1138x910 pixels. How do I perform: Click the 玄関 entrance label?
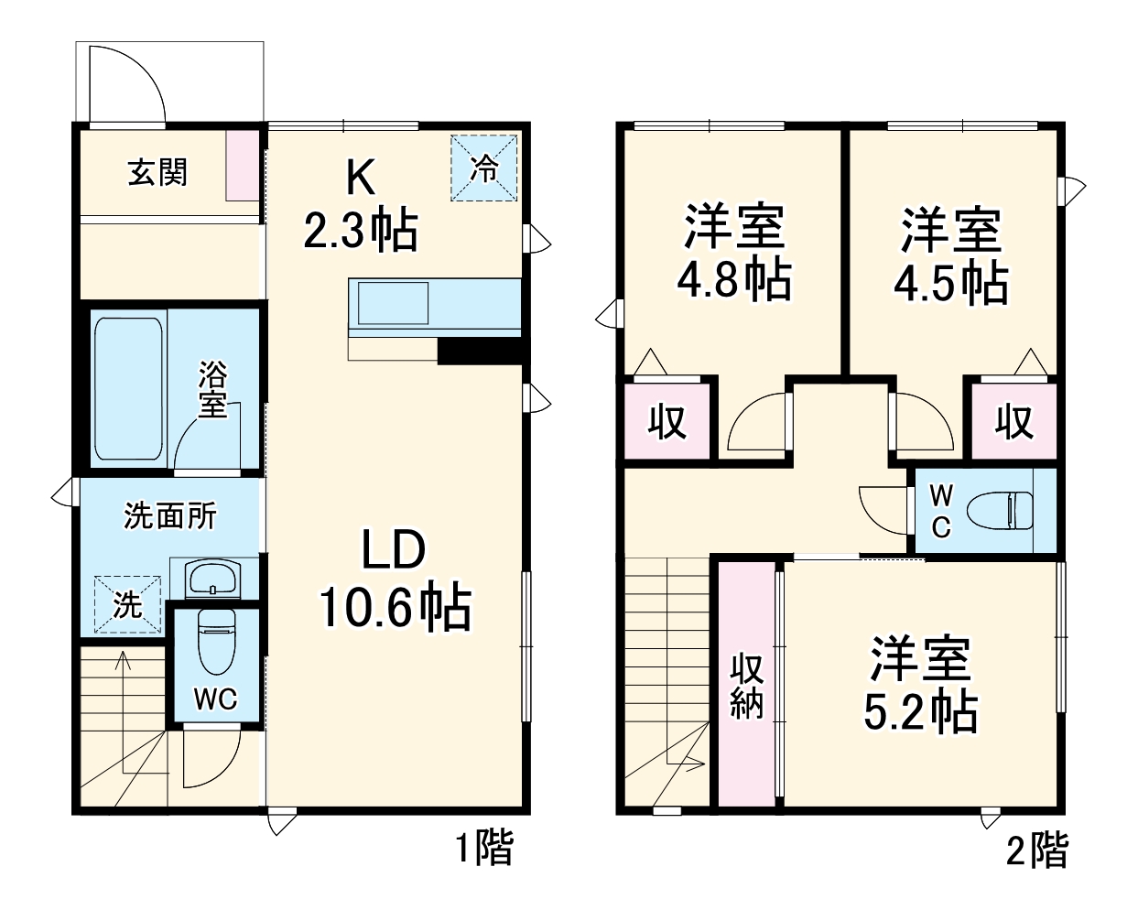pyautogui.click(x=157, y=172)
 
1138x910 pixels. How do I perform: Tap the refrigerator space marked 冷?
pyautogui.click(x=484, y=168)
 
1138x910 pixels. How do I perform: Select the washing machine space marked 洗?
pyautogui.click(x=127, y=604)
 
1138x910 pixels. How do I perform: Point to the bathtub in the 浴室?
pyautogui.click(x=129, y=389)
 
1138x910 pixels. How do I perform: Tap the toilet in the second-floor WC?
pyautogui.click(x=1003, y=509)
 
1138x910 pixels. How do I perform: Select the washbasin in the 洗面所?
pyautogui.click(x=212, y=580)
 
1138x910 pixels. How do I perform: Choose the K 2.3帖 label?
pyautogui.click(x=361, y=205)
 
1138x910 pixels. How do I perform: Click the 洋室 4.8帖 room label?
pyautogui.click(x=734, y=254)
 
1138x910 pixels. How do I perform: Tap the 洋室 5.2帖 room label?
pyautogui.click(x=920, y=685)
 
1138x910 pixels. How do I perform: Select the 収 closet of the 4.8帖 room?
pyautogui.click(x=667, y=422)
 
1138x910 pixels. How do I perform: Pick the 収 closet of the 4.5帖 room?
pyautogui.click(x=1013, y=422)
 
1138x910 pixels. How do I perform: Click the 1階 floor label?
pyautogui.click(x=484, y=849)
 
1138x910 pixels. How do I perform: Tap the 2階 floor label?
pyautogui.click(x=1036, y=850)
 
